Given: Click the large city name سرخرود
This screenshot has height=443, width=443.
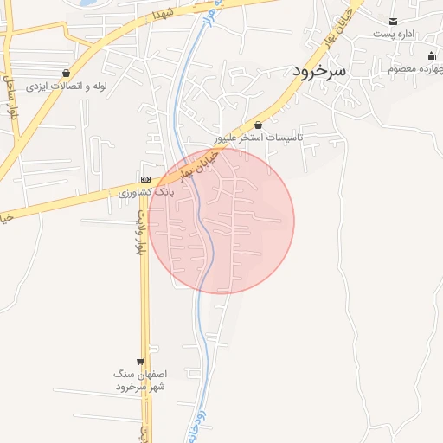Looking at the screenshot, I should [x=319, y=71].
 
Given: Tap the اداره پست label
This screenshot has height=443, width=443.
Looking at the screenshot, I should [x=395, y=34].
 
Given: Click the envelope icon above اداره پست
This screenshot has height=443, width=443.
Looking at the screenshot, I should [x=394, y=21].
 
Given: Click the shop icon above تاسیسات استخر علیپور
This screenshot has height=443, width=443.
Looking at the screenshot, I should [x=258, y=125].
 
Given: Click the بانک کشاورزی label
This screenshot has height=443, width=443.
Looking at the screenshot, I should [x=146, y=191].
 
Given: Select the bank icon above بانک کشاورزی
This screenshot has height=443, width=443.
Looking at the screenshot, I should [x=145, y=178].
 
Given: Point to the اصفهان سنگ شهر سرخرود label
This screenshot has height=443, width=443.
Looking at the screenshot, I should [x=140, y=380].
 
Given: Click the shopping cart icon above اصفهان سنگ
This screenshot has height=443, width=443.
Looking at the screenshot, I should [x=140, y=361].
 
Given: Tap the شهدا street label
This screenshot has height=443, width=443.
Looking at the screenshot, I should [x=164, y=13].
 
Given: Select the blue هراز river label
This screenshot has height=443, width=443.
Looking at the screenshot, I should [x=210, y=15].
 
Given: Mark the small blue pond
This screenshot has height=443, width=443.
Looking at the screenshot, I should [x=87, y=3].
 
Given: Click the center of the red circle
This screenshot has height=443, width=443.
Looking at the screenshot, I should [x=221, y=221].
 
